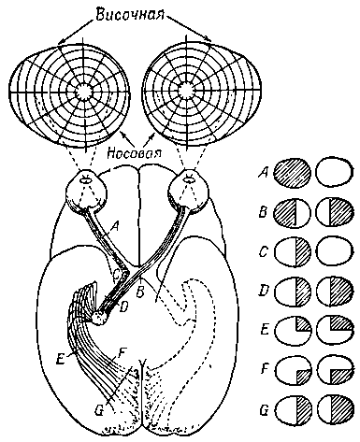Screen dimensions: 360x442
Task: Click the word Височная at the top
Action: pos(130,14)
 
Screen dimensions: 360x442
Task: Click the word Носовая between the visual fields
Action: pos(134,153)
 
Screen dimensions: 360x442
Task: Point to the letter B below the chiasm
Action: pos(140,292)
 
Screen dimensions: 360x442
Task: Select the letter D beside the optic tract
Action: pos(123,307)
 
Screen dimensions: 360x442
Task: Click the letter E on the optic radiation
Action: pos(62,359)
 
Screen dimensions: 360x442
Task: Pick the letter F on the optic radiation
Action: pos(122,354)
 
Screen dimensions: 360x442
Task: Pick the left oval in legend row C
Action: pos(293,252)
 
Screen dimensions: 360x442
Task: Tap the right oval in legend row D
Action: pos(336,292)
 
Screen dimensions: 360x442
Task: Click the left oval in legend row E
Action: pos(293,331)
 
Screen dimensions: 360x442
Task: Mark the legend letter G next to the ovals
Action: pos(265,410)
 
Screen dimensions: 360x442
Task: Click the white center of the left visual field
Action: pos(83,92)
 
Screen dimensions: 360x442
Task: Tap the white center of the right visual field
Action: pos(186,90)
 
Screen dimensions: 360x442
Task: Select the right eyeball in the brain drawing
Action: pos(188,190)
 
